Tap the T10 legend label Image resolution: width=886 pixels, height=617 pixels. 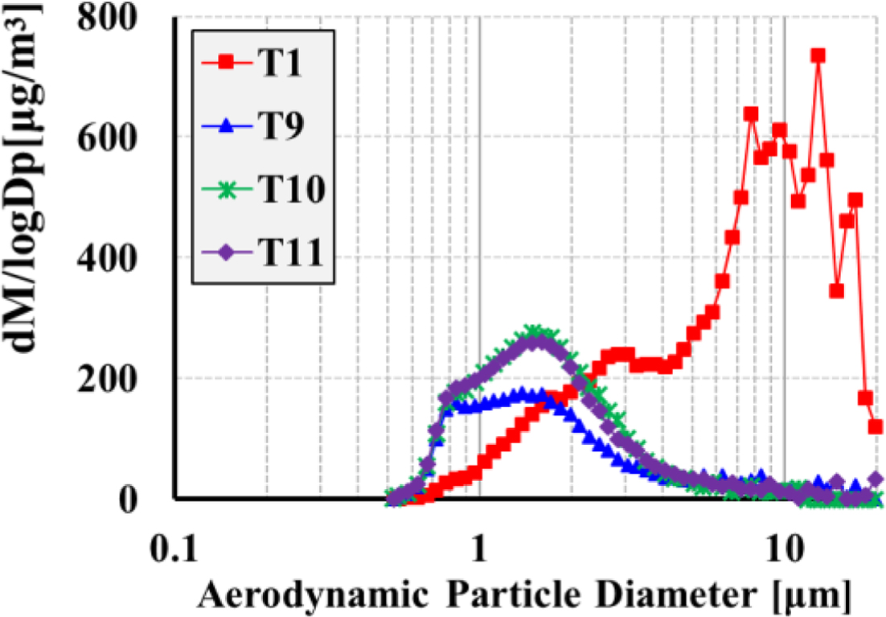(x=289, y=191)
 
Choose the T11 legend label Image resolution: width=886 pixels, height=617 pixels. (x=289, y=255)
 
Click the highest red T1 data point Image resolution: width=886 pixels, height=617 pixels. (x=818, y=56)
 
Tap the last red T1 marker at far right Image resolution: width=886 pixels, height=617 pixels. (x=876, y=426)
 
